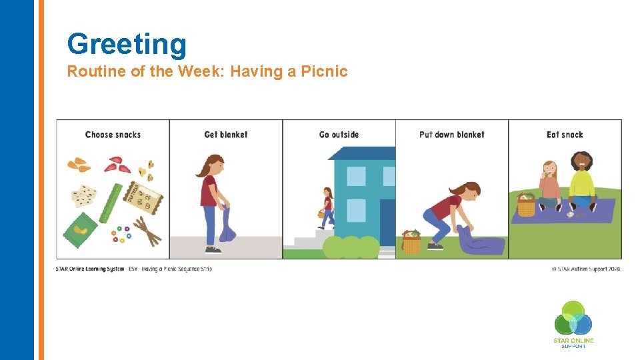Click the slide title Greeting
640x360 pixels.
pyautogui.click(x=127, y=44)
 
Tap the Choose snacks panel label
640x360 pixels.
pyautogui.click(x=113, y=135)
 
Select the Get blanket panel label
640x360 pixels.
pyautogui.click(x=225, y=135)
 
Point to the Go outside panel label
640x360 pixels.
pyautogui.click(x=339, y=135)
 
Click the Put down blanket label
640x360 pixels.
pyautogui.click(x=451, y=135)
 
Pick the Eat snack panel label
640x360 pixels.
pyautogui.click(x=565, y=135)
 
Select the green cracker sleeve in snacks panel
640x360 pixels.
pyautogui.click(x=109, y=203)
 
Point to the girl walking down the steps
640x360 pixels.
pyautogui.click(x=327, y=207)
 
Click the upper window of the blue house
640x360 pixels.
pyautogui.click(x=356, y=176)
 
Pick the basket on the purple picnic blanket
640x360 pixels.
pyautogui.click(x=527, y=206)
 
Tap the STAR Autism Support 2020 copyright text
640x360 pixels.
pyautogui.click(x=586, y=269)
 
